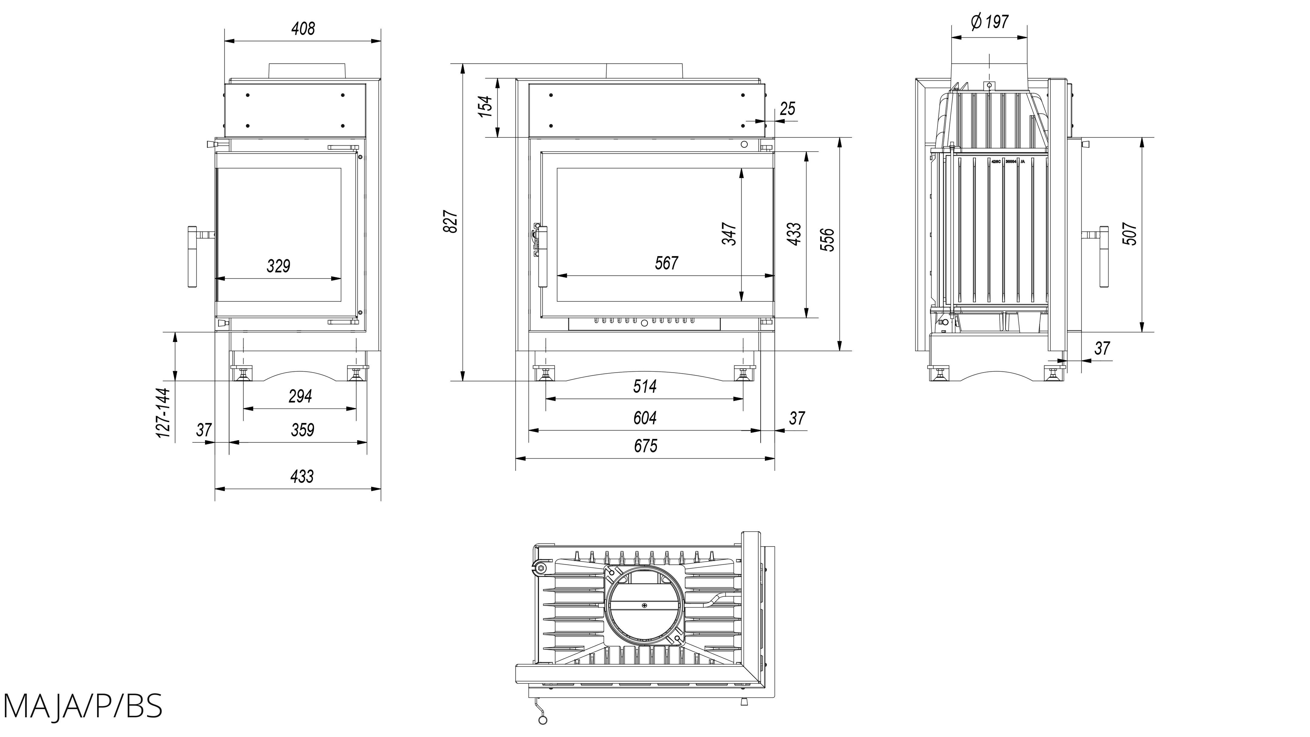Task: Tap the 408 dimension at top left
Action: pyautogui.click(x=303, y=29)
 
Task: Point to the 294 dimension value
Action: pyautogui.click(x=300, y=396)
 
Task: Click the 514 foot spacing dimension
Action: pyautogui.click(x=645, y=387)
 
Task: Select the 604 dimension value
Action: pyautogui.click(x=645, y=418)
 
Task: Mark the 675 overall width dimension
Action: pyautogui.click(x=645, y=446)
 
